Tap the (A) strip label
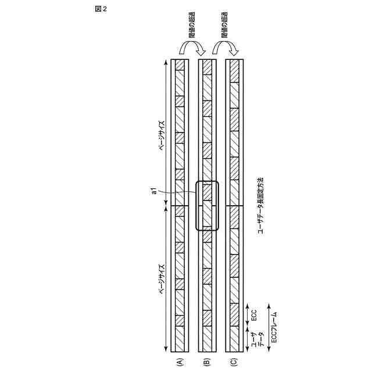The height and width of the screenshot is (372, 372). [x=180, y=362]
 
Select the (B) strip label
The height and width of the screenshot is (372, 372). [x=206, y=362]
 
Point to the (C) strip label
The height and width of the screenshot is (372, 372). [x=234, y=362]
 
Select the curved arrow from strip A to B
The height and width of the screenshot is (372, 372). [x=192, y=51]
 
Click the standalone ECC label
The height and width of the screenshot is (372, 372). [x=254, y=316]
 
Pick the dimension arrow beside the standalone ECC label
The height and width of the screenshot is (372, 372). [x=247, y=315]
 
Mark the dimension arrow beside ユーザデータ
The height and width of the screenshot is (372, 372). [x=247, y=341]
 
